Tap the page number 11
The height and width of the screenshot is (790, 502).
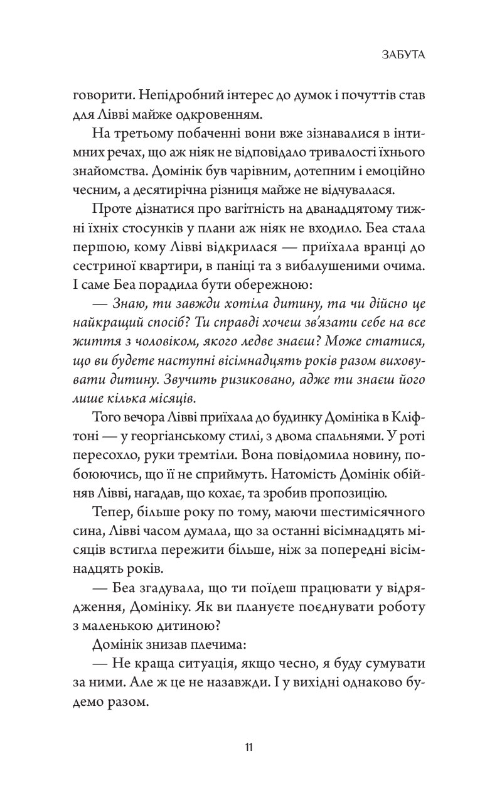point(250,747)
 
